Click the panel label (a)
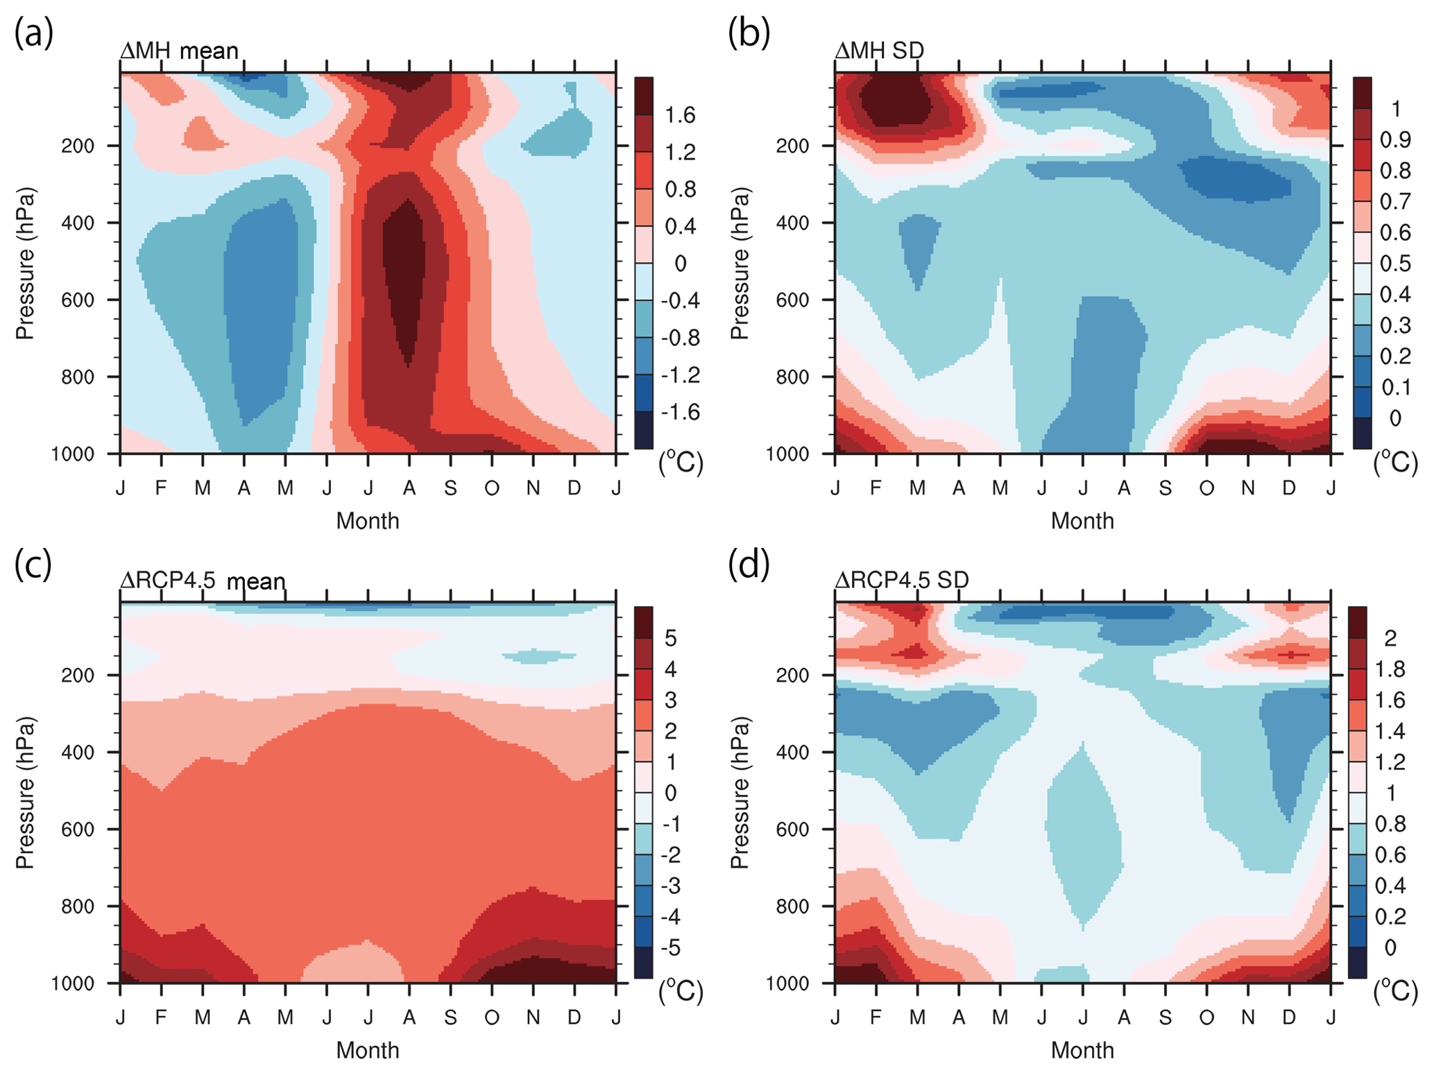tap(33, 33)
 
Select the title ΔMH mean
tap(179, 51)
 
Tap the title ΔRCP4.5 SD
tap(901, 580)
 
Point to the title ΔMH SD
tap(879, 51)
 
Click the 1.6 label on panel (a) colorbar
tap(680, 115)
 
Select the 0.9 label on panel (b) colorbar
tap(1394, 140)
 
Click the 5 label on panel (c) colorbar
tap(670, 638)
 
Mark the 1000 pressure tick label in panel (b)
tap(787, 454)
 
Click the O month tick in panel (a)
tap(492, 489)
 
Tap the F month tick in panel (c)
tap(161, 1017)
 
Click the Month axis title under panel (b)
tap(1082, 521)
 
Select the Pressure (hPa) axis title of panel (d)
tap(740, 793)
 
